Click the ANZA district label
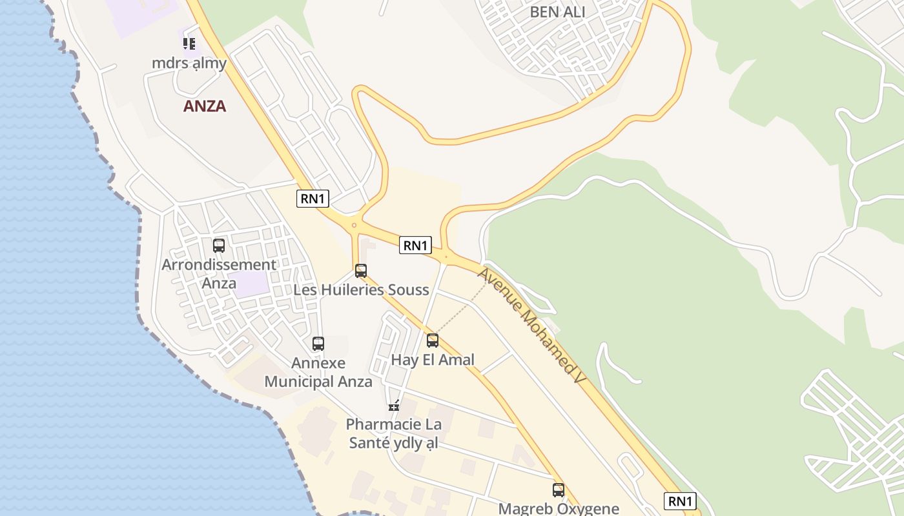(205, 106)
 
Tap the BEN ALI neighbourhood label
(557, 12)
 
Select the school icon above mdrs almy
(189, 44)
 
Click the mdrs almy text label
(189, 63)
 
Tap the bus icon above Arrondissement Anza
(219, 246)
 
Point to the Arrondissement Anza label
(219, 273)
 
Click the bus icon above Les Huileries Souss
(361, 271)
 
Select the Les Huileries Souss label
(361, 290)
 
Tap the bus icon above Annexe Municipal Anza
(318, 344)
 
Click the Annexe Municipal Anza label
(318, 372)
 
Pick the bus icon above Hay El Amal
(433, 341)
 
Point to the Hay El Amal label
(433, 360)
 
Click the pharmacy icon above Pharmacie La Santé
(394, 406)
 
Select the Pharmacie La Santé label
(394, 433)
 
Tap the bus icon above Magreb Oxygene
(559, 490)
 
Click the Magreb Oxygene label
(559, 508)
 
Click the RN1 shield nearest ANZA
(313, 199)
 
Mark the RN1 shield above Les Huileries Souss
(415, 245)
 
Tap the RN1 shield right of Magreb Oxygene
(680, 501)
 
